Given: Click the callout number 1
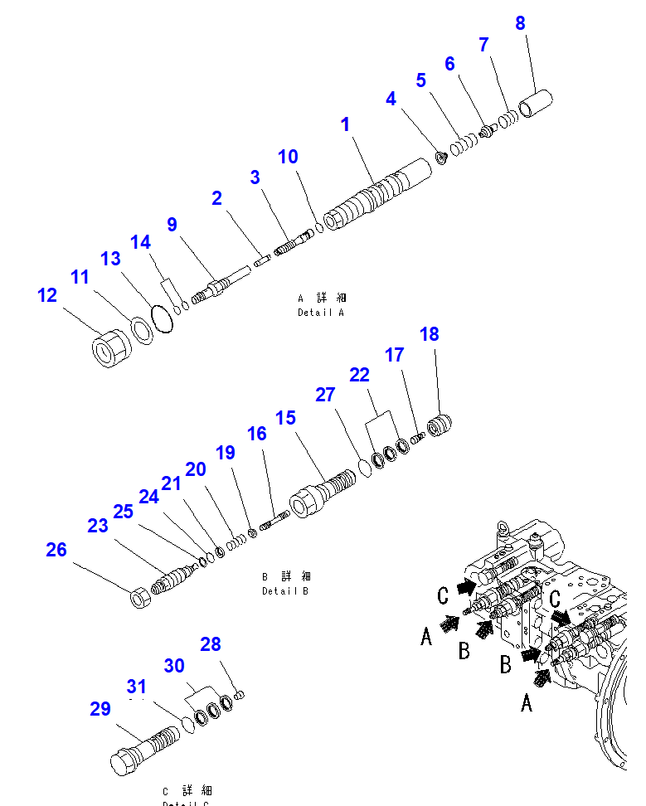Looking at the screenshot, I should [345, 125].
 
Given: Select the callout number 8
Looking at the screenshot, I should [520, 23].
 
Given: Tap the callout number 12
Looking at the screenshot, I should [47, 295].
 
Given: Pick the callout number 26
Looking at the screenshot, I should [56, 550].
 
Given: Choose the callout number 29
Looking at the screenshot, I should [100, 709].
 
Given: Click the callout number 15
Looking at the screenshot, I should [285, 418].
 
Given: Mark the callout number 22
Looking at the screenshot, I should [359, 375].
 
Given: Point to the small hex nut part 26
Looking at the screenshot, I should [141, 595].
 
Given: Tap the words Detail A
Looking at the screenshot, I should [320, 313].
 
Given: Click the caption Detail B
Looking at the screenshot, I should [285, 590].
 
